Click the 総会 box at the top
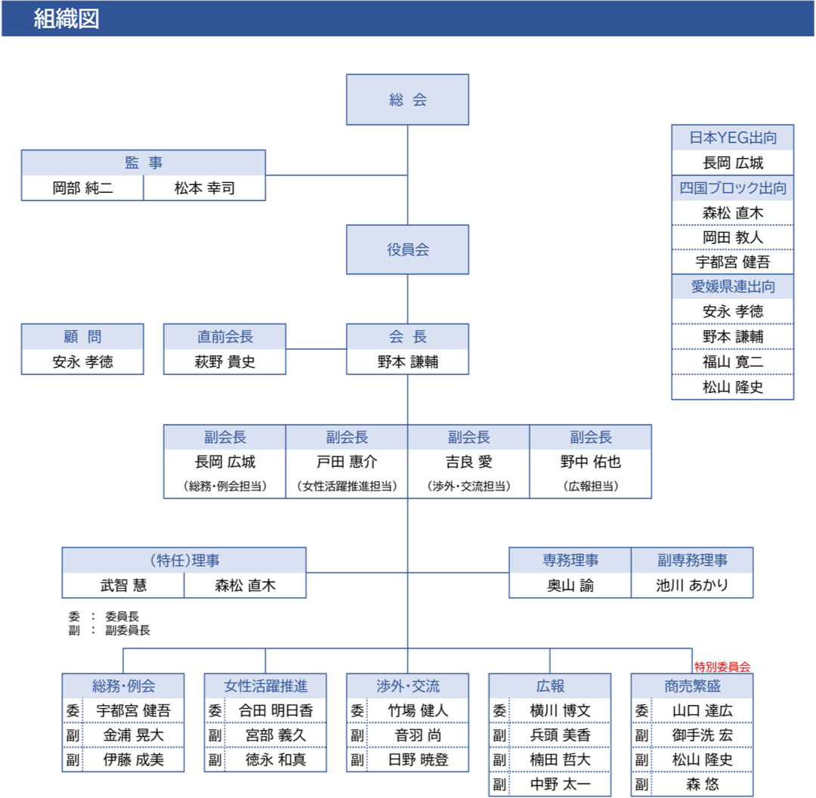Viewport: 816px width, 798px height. click(x=407, y=100)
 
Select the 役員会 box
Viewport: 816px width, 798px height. click(x=407, y=249)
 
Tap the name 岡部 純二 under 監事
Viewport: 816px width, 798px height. click(x=82, y=188)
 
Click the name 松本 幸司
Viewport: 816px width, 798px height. click(x=204, y=188)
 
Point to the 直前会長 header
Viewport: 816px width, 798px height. click(x=225, y=337)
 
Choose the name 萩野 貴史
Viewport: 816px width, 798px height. click(x=225, y=362)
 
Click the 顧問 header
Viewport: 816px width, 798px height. click(x=82, y=337)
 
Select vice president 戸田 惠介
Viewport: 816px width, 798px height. click(x=347, y=462)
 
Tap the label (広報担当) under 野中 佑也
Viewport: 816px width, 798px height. click(x=590, y=487)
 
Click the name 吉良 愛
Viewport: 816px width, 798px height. click(x=468, y=462)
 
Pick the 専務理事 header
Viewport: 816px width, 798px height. click(x=570, y=560)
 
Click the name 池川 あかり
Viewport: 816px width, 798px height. click(x=692, y=585)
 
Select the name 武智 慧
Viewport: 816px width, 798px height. click(x=123, y=585)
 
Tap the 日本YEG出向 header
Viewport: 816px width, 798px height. click(x=732, y=138)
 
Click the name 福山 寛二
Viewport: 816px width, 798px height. click(x=732, y=362)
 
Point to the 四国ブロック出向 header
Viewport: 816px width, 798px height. click(x=732, y=188)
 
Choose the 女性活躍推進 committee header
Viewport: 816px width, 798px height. click(x=265, y=686)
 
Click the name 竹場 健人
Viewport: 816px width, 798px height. click(x=418, y=710)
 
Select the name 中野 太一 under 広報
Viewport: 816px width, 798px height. click(x=560, y=784)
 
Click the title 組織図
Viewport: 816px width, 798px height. click(x=66, y=19)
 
